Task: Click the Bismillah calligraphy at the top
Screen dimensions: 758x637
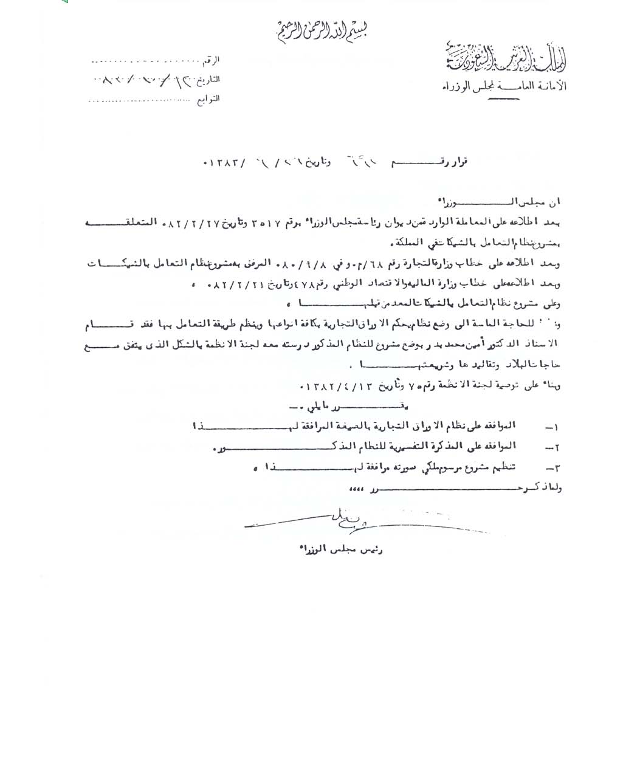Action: click(321, 29)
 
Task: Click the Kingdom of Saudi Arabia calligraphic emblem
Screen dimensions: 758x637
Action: click(504, 58)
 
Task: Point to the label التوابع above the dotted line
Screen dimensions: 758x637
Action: click(208, 98)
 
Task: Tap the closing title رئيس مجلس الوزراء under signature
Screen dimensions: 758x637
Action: click(341, 549)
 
